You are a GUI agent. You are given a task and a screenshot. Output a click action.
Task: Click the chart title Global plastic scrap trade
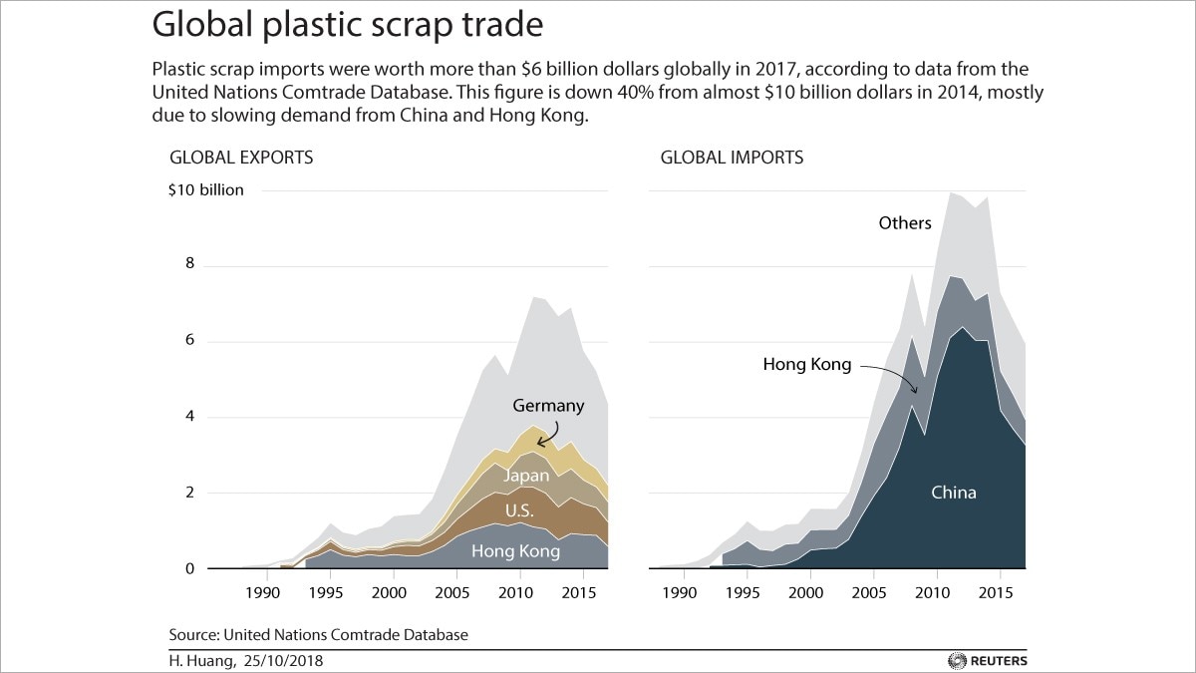[348, 25]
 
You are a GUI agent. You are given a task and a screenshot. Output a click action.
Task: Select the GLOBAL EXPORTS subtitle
[241, 158]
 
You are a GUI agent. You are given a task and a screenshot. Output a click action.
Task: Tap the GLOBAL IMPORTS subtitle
[732, 158]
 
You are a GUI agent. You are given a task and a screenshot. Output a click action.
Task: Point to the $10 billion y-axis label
[205, 189]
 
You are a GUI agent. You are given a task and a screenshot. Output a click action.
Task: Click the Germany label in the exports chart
[548, 406]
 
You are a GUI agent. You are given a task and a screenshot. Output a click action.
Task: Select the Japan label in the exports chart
[524, 476]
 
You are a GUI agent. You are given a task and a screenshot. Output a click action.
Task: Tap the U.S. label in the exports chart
[519, 511]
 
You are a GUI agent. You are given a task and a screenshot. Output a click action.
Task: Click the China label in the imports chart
[954, 492]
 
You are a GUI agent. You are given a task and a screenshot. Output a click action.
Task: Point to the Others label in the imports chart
[905, 222]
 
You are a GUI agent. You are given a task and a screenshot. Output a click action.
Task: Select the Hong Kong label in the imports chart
[807, 365]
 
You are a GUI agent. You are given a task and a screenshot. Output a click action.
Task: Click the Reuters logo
[989, 660]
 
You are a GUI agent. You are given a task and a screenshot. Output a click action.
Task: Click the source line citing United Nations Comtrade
[318, 634]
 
